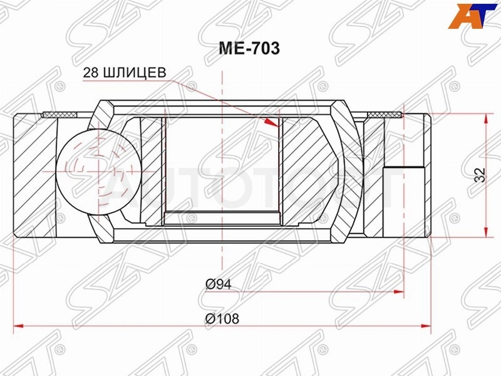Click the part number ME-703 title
tap(249, 49)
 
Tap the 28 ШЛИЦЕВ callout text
tap(125, 73)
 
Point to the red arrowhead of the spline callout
tap(272, 122)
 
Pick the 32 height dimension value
tap(480, 175)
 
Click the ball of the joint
tap(98, 171)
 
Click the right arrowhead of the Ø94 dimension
tap(400, 291)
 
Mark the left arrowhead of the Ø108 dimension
tap(19, 326)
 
